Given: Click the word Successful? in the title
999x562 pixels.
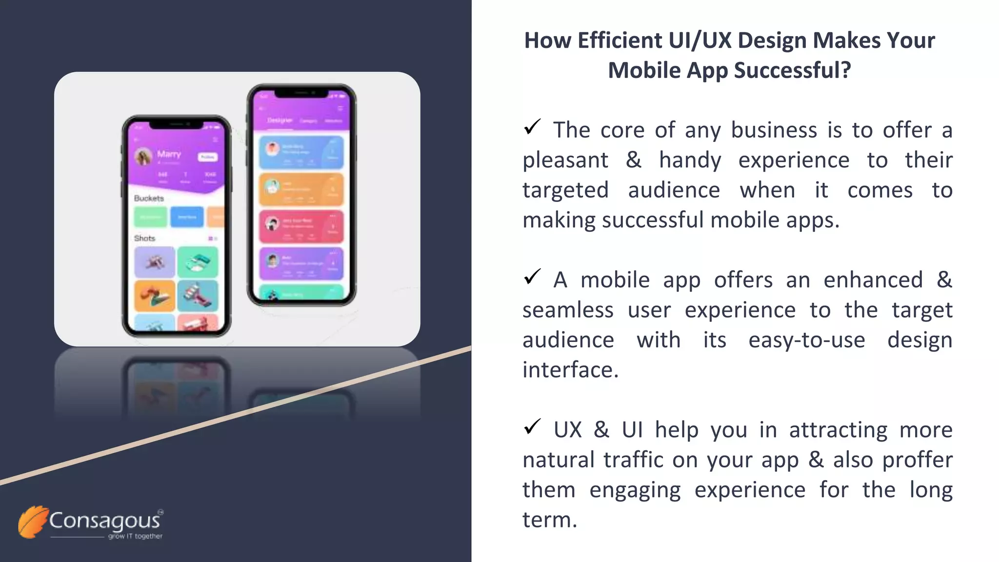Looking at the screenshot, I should [792, 70].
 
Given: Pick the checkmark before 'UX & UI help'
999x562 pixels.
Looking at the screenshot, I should [532, 427].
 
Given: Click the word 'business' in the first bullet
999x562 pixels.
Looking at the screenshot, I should [774, 130].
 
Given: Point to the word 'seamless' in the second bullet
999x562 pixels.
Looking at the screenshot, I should [568, 310].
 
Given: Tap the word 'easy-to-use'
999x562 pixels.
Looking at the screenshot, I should [807, 340].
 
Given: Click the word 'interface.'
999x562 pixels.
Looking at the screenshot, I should [570, 370].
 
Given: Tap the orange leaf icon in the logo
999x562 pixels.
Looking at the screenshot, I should [33, 522].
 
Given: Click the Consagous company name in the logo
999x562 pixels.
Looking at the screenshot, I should [104, 521].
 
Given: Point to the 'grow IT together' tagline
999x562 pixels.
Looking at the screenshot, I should [135, 536].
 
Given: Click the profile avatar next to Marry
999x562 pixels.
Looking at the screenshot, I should [143, 157].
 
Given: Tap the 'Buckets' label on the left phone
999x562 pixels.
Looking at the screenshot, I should [149, 199].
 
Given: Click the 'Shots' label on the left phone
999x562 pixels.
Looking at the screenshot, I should [144, 239].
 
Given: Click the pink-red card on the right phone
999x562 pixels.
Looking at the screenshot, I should [301, 226].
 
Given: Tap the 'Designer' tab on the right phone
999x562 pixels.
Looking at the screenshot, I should [280, 120].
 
